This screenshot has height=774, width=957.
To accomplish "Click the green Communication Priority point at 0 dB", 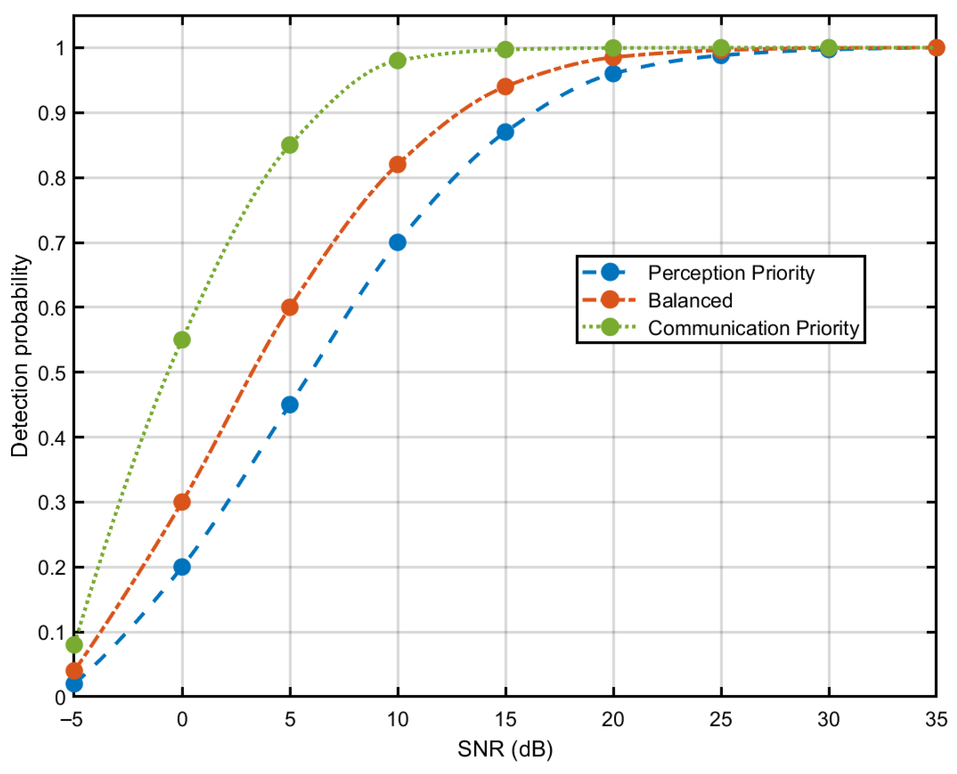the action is coord(182,340).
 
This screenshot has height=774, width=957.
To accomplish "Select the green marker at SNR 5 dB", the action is coord(290,145).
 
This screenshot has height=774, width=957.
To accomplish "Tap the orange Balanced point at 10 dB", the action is coord(397,165).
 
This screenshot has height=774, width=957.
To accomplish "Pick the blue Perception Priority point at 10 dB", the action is coord(397,242).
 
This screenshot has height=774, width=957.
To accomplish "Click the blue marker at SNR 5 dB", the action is coord(290,405).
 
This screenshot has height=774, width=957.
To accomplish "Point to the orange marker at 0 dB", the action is coord(182,502).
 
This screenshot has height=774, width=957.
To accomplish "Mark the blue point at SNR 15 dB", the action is coord(505,132).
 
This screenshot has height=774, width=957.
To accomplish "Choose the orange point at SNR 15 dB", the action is coord(505,87).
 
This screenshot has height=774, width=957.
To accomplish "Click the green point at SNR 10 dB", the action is coord(397,60).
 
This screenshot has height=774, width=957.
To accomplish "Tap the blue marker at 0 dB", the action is coord(182,567).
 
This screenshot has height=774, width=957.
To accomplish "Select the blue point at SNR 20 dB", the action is coord(613,74).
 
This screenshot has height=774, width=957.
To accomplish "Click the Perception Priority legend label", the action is coord(731,273).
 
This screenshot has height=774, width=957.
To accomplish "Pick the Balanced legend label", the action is coord(690,300).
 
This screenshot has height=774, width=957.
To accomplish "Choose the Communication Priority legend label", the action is coord(753,328).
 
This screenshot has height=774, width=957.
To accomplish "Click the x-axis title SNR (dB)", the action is coord(505,749).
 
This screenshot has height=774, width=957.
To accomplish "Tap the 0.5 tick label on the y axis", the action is coord(52,373).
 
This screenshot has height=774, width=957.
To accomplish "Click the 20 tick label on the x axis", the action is coord(613,720).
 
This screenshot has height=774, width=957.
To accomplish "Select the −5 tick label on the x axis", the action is coord(72,720).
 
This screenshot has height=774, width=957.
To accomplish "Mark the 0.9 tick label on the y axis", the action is coord(52,113).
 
